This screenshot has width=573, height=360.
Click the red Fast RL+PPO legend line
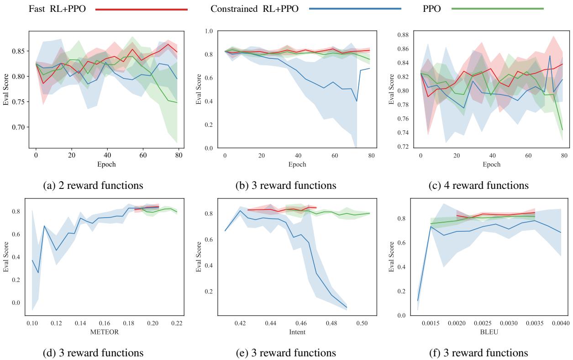click(x=142, y=9)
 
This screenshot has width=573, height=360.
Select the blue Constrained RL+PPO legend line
click(x=355, y=9)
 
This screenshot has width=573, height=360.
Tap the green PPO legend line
click(x=497, y=9)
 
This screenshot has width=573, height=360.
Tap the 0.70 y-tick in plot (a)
click(x=18, y=127)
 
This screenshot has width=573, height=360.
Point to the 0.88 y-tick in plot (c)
click(x=403, y=35)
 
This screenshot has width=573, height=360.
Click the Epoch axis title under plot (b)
click(x=297, y=164)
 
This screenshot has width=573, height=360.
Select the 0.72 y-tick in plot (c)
click(x=403, y=147)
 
